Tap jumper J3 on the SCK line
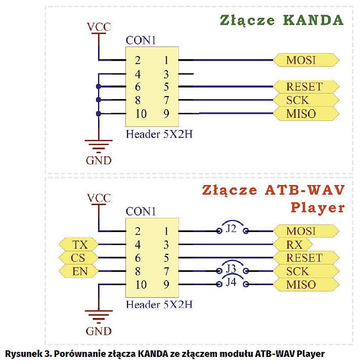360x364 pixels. (x=232, y=268)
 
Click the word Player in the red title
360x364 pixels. (x=318, y=208)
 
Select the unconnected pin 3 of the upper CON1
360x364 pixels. (x=166, y=74)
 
